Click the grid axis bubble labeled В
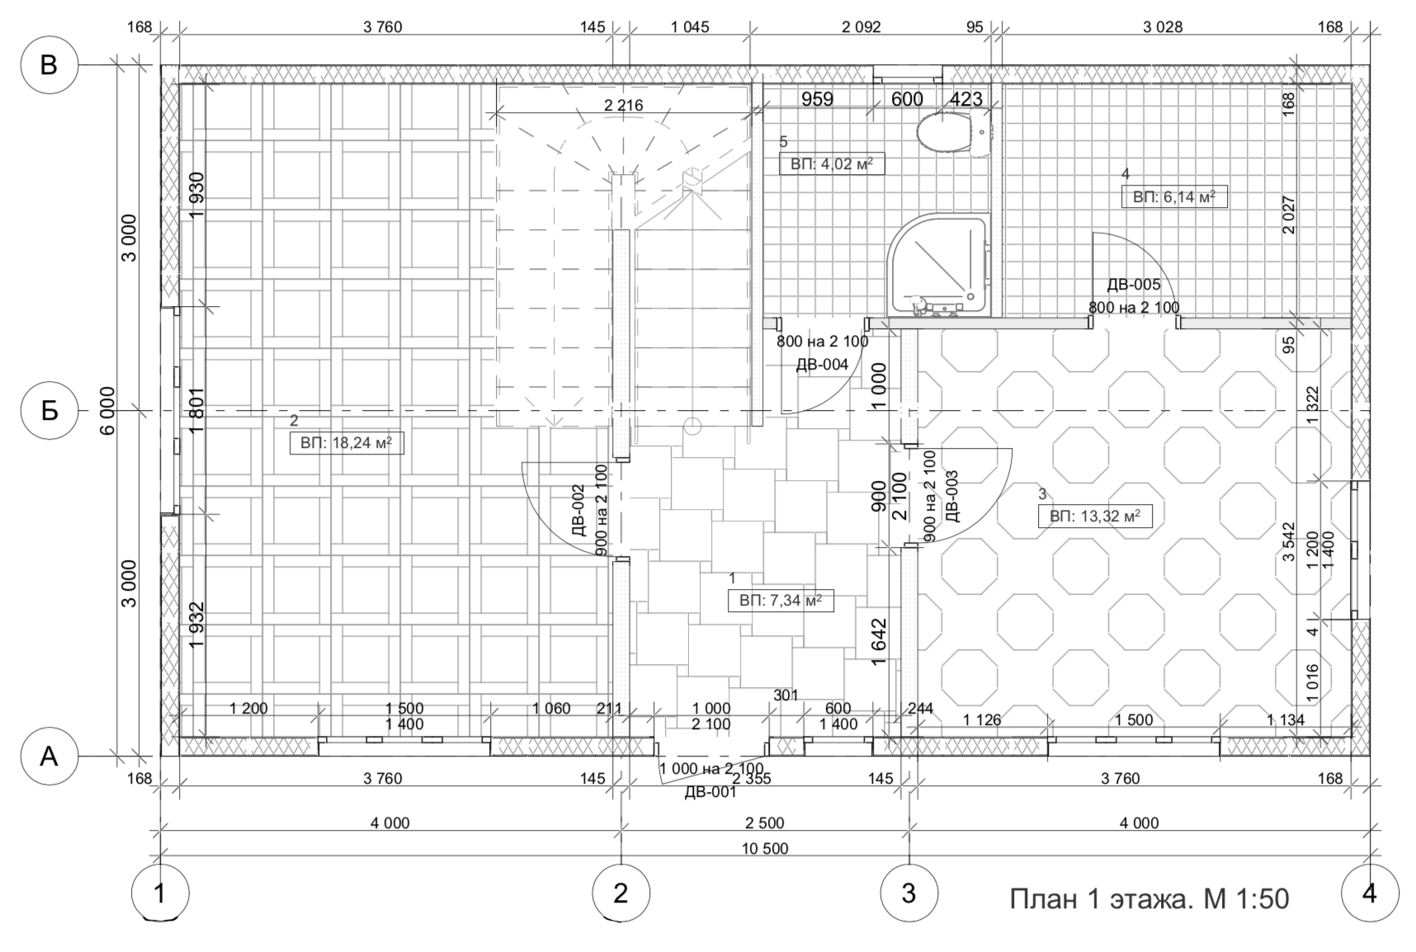point(49,64)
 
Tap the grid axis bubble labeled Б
point(49,410)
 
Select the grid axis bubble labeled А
point(49,756)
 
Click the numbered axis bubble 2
point(621,893)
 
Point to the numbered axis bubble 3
point(909,893)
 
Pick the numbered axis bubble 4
point(1370,893)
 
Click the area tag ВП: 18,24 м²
point(347,444)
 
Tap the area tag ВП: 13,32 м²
point(1095,517)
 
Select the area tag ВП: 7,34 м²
point(781,601)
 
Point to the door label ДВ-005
point(1133,285)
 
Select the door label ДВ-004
point(822,365)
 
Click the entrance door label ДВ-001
point(710,793)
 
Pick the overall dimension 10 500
point(765,849)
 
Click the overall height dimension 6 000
point(108,410)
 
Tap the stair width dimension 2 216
point(623,106)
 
